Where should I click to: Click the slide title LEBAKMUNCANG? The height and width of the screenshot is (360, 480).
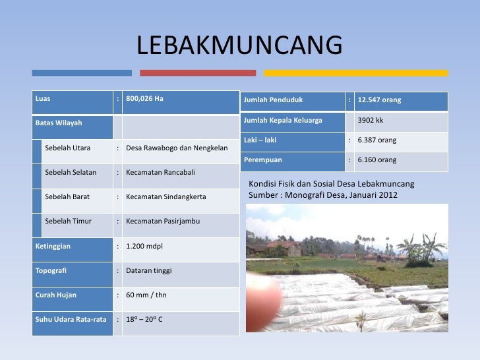(x=240, y=46)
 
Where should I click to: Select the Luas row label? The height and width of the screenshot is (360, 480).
(x=44, y=99)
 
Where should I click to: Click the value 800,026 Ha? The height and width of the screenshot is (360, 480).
(x=144, y=99)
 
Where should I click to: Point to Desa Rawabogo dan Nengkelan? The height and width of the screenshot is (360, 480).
(x=177, y=148)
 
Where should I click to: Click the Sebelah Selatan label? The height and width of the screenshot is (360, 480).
(x=71, y=172)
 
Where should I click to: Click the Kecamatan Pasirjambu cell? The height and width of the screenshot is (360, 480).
(x=162, y=221)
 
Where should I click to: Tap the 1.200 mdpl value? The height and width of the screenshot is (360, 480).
(x=144, y=246)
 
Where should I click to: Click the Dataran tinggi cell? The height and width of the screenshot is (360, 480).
(x=148, y=270)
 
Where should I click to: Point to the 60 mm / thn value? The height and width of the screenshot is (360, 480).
(x=146, y=295)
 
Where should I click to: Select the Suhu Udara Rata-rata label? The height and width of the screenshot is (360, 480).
(x=71, y=319)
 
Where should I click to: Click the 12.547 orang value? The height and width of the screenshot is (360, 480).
(x=379, y=101)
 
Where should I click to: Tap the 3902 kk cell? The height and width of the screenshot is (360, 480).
(x=370, y=121)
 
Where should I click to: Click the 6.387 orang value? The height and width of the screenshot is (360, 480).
(x=376, y=140)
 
